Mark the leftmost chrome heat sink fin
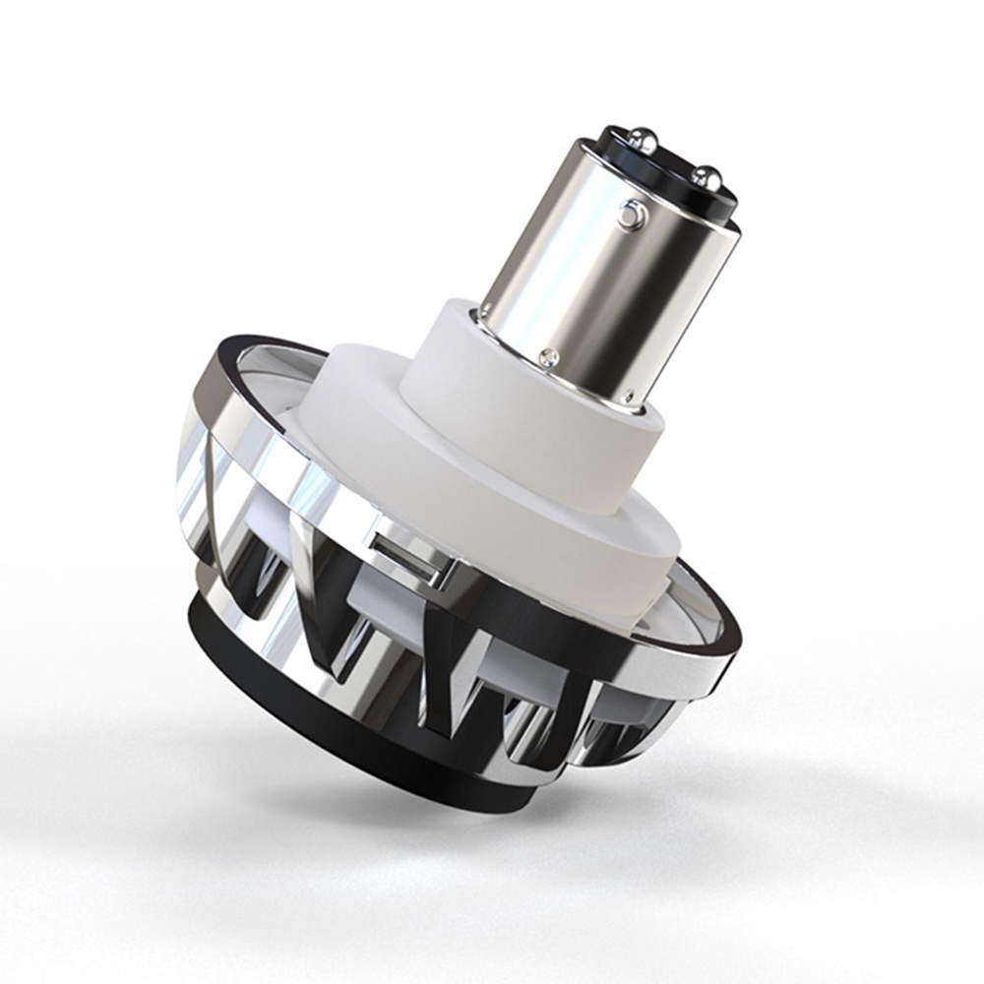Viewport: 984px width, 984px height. pyautogui.click(x=197, y=492)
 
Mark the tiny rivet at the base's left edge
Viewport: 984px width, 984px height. pyautogui.click(x=481, y=316)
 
